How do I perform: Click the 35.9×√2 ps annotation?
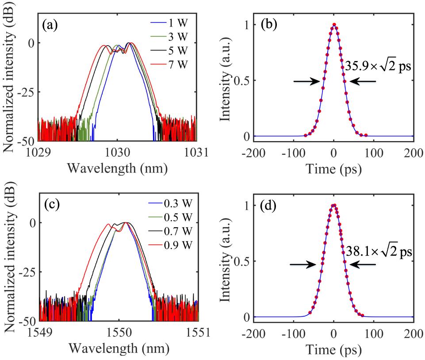click(x=377, y=67)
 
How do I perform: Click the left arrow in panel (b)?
click(x=307, y=81)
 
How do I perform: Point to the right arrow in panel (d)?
click(x=363, y=264)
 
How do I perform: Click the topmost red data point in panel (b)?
click(x=334, y=25)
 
